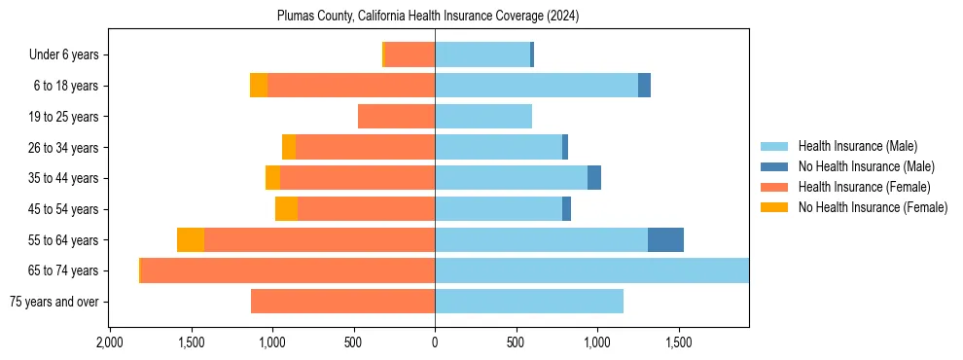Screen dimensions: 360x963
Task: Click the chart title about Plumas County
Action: (x=428, y=16)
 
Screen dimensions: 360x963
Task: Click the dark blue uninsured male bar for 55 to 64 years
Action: (x=665, y=239)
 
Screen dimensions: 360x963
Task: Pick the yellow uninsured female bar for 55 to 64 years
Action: (x=191, y=239)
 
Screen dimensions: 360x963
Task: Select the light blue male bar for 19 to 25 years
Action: (x=483, y=117)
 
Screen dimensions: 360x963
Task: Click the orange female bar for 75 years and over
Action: (x=342, y=302)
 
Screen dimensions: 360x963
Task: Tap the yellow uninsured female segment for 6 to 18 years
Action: (x=259, y=86)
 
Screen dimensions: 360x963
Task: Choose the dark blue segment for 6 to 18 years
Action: (x=644, y=86)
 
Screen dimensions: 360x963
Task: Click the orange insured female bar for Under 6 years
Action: (x=410, y=54)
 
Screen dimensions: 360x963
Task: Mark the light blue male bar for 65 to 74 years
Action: (x=591, y=270)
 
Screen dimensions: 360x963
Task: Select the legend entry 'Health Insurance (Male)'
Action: (x=857, y=146)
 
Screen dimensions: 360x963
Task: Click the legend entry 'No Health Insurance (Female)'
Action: (x=873, y=207)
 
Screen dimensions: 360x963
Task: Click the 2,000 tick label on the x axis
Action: (x=109, y=342)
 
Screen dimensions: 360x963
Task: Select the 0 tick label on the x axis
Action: (x=435, y=342)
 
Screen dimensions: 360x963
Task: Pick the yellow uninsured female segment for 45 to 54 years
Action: (x=286, y=209)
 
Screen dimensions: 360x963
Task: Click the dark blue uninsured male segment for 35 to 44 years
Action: (x=594, y=178)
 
